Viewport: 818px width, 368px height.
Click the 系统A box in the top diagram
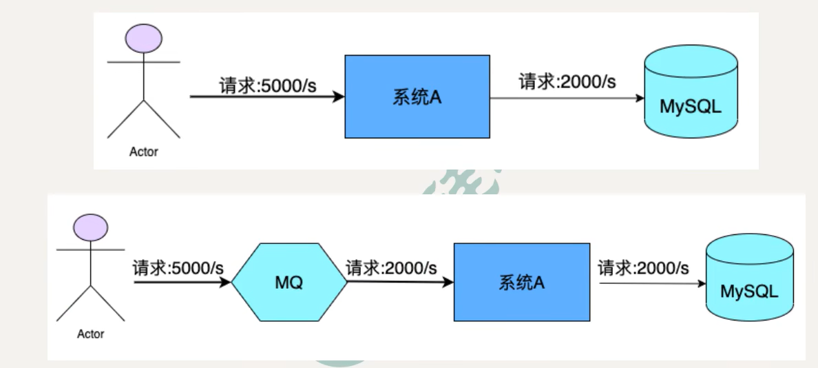point(417,96)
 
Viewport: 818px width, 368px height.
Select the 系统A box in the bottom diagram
point(521,282)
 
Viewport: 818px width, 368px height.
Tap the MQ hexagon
point(289,282)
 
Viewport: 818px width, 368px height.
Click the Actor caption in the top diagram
point(143,152)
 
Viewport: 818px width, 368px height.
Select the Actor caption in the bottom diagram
point(90,334)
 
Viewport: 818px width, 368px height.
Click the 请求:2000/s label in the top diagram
point(567,83)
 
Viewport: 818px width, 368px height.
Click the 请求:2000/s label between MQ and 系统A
point(390,268)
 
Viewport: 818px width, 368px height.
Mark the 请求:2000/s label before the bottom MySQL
point(643,268)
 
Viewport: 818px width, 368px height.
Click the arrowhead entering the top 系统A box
point(338,97)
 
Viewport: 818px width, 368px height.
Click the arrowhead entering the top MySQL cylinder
point(640,98)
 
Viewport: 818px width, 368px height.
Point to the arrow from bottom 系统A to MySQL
point(647,283)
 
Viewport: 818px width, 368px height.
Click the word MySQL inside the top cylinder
point(691,108)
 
